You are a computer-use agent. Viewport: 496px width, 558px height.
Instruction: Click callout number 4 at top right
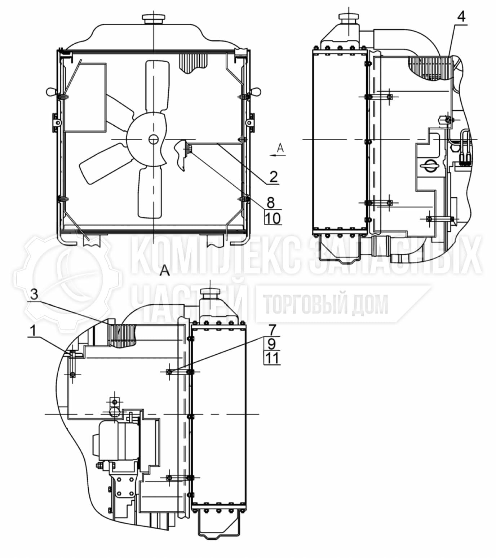tap(461, 17)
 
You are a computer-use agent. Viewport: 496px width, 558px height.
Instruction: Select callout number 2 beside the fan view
tap(273, 177)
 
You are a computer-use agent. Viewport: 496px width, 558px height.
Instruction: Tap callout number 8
tap(271, 203)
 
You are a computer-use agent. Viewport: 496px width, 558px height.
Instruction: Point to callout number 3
tap(34, 294)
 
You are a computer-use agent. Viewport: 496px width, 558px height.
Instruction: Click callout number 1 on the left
tap(33, 331)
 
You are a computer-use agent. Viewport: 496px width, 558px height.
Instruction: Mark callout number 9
tap(271, 344)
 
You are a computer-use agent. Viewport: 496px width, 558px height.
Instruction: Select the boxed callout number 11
tap(272, 358)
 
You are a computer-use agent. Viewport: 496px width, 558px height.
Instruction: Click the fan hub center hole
tap(153, 139)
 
